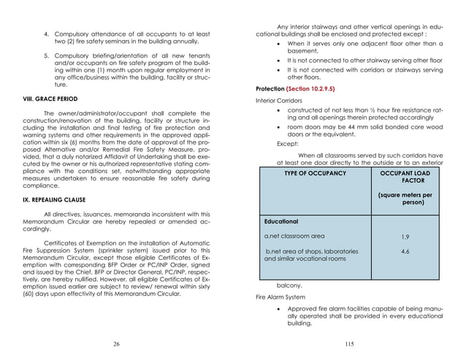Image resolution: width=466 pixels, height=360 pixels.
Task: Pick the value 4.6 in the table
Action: (405, 251)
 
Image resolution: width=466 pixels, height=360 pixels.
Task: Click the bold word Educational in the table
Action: (280, 221)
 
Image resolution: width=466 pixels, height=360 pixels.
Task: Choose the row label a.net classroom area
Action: (294, 237)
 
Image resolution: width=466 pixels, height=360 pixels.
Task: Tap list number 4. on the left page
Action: (46, 34)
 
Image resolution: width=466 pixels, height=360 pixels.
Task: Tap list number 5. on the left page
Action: (46, 55)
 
